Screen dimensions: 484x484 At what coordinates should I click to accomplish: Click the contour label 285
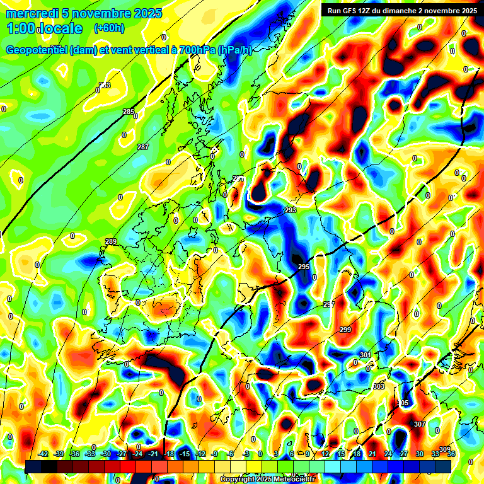(x=129, y=112)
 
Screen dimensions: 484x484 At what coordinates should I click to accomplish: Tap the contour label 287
(x=143, y=147)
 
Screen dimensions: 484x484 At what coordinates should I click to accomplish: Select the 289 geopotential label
(x=111, y=242)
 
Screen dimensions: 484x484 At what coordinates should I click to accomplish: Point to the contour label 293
(x=291, y=210)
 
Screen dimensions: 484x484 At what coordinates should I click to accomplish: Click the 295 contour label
(x=304, y=267)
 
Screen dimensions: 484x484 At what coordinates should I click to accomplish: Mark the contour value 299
(x=345, y=330)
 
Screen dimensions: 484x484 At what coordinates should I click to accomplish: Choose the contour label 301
(x=366, y=355)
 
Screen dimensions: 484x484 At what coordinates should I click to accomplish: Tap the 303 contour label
(x=379, y=386)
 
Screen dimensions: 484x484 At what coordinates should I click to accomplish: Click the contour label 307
(x=420, y=424)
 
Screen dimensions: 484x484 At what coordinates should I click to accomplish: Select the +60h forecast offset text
(x=109, y=28)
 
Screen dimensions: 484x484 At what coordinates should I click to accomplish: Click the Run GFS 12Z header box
(x=401, y=10)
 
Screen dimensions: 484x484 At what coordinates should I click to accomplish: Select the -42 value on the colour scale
(x=43, y=454)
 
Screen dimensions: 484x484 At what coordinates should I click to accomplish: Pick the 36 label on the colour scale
(x=451, y=454)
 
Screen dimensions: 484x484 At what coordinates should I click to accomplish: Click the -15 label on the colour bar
(x=185, y=454)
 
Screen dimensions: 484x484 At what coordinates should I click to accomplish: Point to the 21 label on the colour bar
(x=372, y=454)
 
